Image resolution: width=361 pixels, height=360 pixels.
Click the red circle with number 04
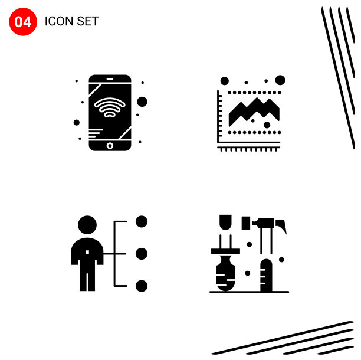click(23, 22)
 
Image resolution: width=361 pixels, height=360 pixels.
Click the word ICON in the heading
click(59, 21)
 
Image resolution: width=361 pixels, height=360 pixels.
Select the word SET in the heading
click(88, 21)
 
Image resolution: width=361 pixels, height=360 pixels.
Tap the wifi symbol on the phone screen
click(110, 107)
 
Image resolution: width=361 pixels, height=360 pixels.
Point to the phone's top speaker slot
click(110, 78)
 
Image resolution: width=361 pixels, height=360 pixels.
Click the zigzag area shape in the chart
click(254, 112)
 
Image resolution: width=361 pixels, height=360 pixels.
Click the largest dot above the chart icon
click(280, 80)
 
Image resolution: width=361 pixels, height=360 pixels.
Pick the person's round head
click(87, 225)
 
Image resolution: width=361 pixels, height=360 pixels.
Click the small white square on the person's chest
click(87, 252)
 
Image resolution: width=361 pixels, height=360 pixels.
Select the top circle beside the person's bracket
click(142, 221)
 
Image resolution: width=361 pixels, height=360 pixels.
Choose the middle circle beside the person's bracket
click(142, 254)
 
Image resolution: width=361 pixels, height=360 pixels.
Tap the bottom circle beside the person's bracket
click(142, 286)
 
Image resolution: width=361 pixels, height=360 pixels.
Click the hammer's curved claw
click(281, 226)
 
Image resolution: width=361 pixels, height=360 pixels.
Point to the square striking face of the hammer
click(246, 223)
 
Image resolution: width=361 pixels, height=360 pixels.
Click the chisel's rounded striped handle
click(225, 273)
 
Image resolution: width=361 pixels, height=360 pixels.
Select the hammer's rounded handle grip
click(266, 275)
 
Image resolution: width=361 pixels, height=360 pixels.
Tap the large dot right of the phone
click(142, 102)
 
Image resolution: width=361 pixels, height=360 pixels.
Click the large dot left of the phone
click(77, 123)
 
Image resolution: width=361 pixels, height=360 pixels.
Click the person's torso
click(87, 251)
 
